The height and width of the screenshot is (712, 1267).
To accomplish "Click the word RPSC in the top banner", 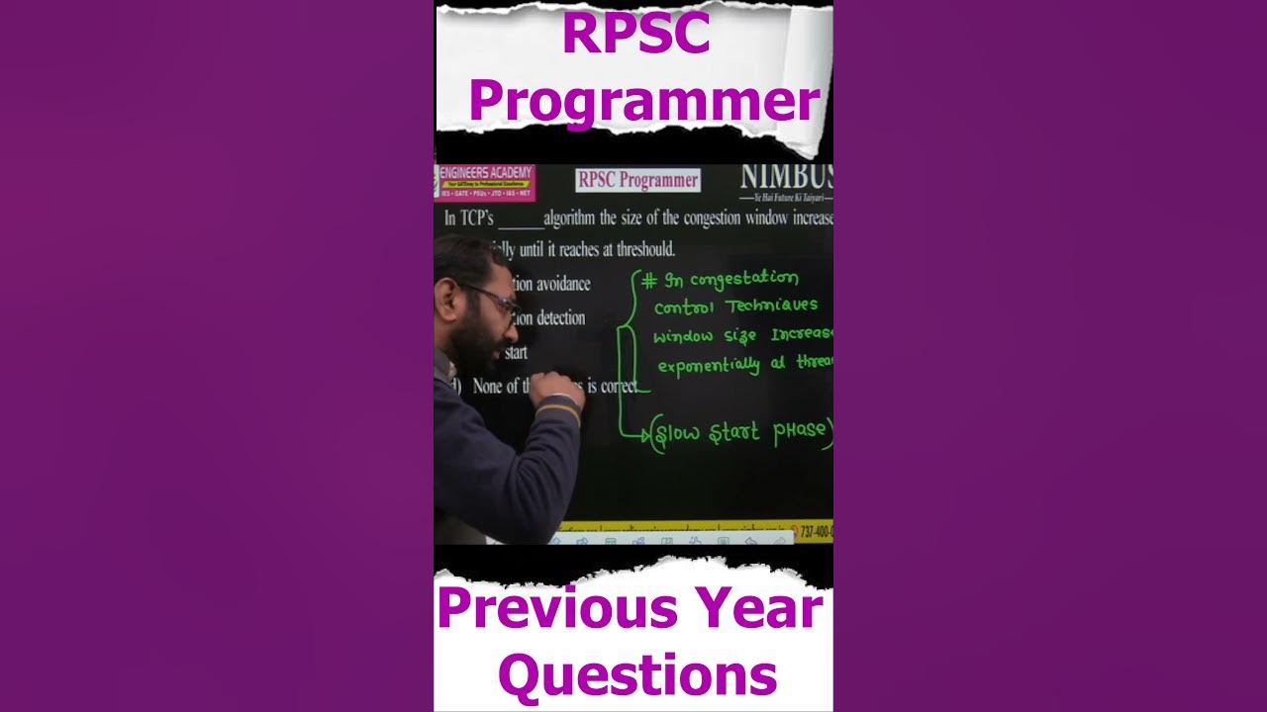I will tap(635, 34).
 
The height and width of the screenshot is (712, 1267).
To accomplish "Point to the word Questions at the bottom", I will tap(637, 675).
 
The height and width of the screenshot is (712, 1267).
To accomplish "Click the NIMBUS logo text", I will tap(787, 178).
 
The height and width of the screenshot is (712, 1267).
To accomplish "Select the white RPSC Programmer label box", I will tap(638, 180).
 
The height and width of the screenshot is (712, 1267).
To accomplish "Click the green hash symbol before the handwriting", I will tap(648, 281).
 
